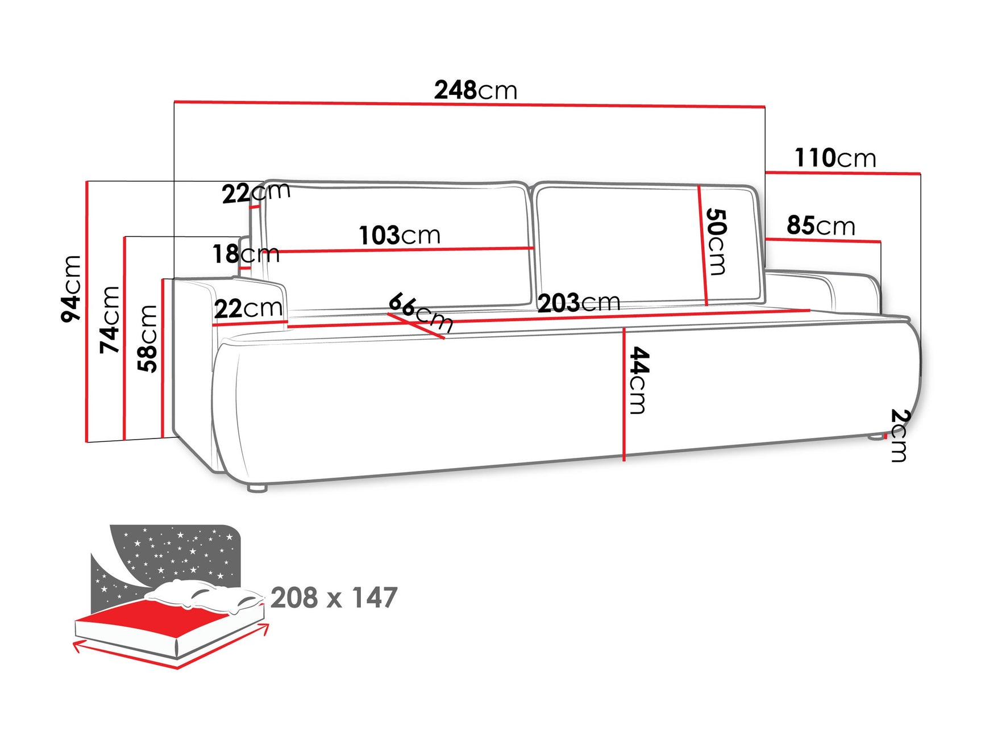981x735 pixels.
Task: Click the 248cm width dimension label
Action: [475, 90]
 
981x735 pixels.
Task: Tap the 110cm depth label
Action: [834, 158]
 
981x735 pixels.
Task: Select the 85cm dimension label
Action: [820, 225]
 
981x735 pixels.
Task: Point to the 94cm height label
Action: [72, 289]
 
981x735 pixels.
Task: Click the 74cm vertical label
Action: [110, 319]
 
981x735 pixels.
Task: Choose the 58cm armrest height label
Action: [148, 339]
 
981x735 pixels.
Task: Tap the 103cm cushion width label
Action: [400, 235]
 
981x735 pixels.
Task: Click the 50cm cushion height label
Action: [716, 242]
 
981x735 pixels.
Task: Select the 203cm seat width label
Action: [579, 303]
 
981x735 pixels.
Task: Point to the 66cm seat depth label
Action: [421, 312]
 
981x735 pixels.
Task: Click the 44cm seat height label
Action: [639, 381]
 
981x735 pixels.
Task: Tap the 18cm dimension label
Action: [246, 254]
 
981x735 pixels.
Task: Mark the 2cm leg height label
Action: [900, 435]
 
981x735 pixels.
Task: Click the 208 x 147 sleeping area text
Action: [334, 598]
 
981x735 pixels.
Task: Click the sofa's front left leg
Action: [257, 488]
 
